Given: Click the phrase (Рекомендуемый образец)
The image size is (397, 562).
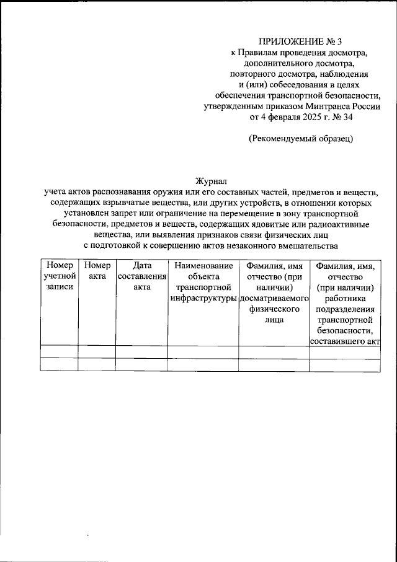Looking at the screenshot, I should [x=301, y=139].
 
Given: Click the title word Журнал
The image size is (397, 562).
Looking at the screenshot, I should [x=211, y=182].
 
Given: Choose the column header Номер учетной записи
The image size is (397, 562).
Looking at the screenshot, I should [x=59, y=276].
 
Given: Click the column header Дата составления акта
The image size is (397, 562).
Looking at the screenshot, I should [x=141, y=276].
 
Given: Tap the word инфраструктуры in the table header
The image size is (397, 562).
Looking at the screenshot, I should [x=203, y=298].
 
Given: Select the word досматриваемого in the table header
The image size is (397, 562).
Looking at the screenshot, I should [x=274, y=298].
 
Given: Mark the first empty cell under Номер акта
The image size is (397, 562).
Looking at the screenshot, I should [x=97, y=352].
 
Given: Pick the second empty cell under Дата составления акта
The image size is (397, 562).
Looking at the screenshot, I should [x=141, y=364].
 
